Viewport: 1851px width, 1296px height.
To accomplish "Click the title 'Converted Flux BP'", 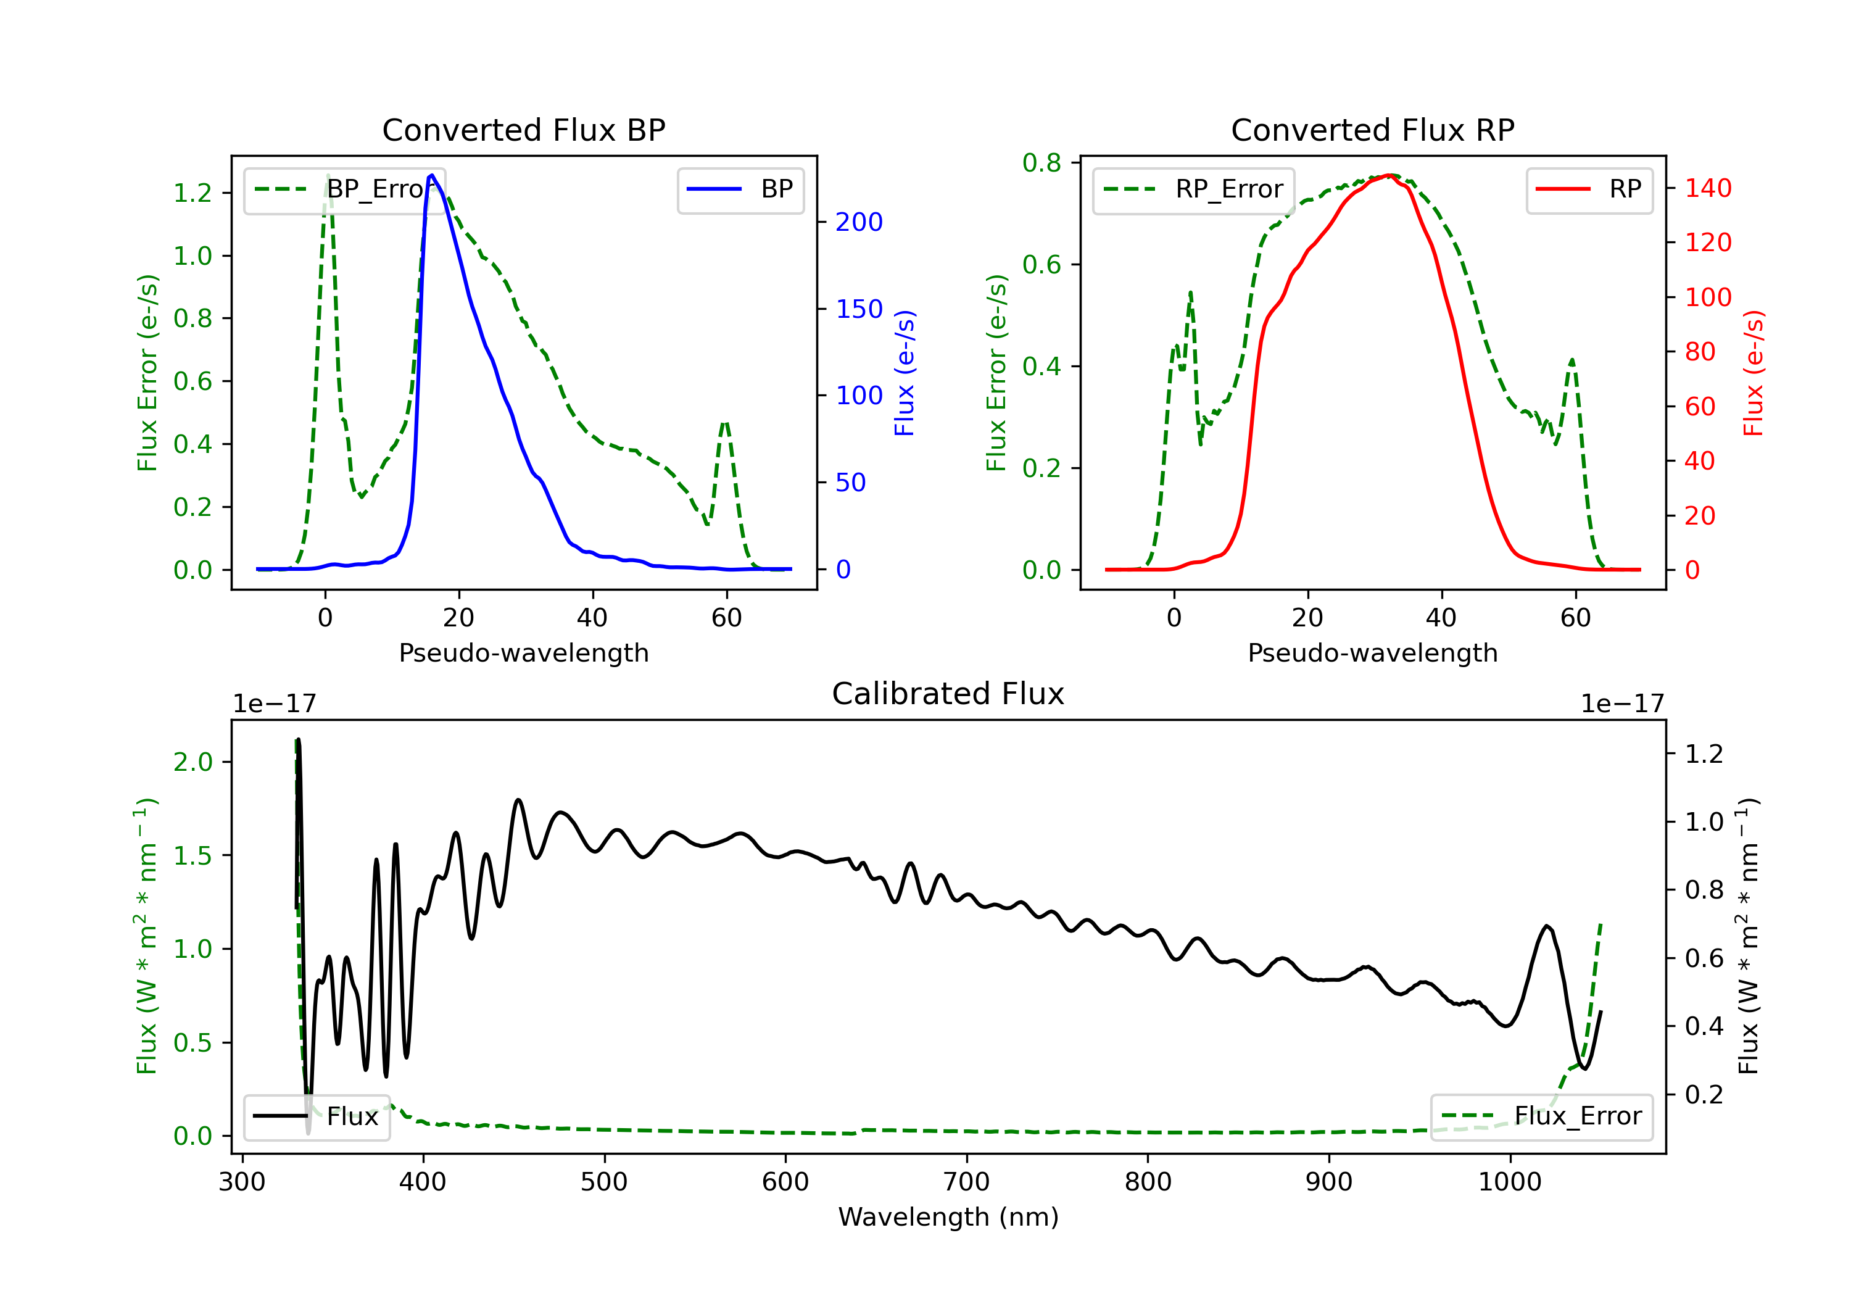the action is [523, 130].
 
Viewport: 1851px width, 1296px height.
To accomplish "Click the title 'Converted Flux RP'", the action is [1372, 130].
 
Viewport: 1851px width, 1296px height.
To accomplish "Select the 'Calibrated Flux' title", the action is [948, 694].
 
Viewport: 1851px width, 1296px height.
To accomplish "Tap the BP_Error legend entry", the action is [345, 190].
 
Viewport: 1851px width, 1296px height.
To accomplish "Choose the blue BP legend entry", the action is [740, 190].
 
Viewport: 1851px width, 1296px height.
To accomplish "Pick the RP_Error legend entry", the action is [1193, 190].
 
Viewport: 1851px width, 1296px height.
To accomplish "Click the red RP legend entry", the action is [1589, 190].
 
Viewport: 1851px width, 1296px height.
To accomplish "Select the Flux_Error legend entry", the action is [1541, 1117].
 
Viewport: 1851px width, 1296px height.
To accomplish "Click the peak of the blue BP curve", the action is [432, 175].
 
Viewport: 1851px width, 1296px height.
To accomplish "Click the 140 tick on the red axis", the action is [1707, 188].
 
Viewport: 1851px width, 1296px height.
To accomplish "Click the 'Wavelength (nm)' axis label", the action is [948, 1217].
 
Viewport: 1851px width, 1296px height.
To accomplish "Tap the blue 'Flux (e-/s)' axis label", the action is [905, 373].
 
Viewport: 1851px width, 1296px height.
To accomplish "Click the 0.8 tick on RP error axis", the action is [1041, 163].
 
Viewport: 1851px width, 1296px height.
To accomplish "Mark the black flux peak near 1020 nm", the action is [1546, 926].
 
